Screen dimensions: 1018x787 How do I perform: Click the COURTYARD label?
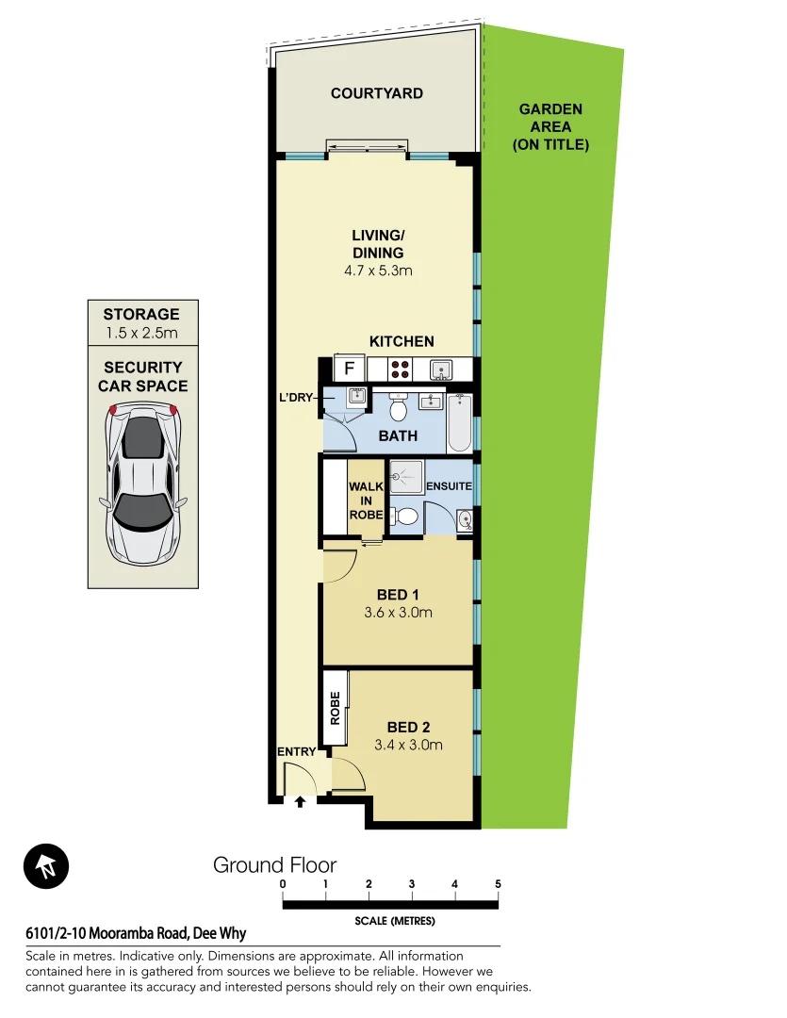click(x=376, y=93)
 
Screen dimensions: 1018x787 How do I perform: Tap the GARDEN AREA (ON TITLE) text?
click(x=550, y=127)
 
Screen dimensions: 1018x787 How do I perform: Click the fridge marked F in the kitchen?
click(x=349, y=368)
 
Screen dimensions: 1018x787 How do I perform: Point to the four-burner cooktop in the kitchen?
click(x=399, y=369)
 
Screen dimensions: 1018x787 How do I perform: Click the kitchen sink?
click(x=440, y=369)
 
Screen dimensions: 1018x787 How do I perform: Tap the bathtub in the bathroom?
click(x=460, y=422)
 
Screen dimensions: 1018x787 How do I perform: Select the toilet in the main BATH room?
click(x=398, y=408)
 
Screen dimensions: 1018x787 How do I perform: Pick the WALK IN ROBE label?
click(x=365, y=501)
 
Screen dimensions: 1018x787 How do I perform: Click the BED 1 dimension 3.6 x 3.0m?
click(x=397, y=613)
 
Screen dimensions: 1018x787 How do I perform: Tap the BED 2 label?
click(x=408, y=727)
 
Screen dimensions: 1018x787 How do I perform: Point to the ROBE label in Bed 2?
click(x=335, y=709)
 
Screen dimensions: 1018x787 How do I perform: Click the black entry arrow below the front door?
click(x=301, y=802)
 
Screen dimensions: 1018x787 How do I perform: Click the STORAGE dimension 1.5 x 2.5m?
click(x=140, y=333)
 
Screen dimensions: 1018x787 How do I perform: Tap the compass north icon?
click(x=46, y=866)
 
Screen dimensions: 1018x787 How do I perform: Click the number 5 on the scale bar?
click(x=498, y=884)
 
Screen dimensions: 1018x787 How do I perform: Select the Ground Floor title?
click(x=274, y=864)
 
